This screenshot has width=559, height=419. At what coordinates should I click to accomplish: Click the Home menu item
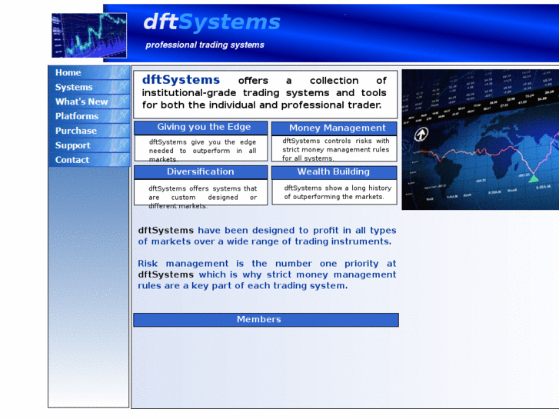pyautogui.click(x=68, y=73)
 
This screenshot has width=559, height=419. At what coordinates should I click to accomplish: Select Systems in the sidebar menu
pyautogui.click(x=74, y=88)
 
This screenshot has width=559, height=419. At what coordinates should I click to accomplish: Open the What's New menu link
pyautogui.click(x=82, y=102)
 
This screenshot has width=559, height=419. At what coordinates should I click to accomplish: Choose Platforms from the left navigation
pyautogui.click(x=77, y=117)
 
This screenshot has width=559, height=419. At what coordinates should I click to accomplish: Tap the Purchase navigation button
pyautogui.click(x=76, y=131)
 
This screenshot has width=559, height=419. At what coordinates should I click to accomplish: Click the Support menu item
pyautogui.click(x=73, y=146)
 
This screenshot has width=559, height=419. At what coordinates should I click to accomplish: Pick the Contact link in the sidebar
pyautogui.click(x=72, y=161)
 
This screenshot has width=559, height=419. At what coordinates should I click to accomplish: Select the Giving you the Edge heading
pyautogui.click(x=204, y=128)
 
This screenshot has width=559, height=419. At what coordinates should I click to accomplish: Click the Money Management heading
pyautogui.click(x=337, y=128)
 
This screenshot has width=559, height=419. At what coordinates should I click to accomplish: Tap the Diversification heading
pyautogui.click(x=200, y=172)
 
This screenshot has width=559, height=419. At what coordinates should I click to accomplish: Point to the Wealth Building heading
pyautogui.click(x=333, y=172)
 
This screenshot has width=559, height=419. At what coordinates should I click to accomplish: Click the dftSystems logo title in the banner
pyautogui.click(x=211, y=22)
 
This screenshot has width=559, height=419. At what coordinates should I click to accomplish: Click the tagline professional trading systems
pyautogui.click(x=205, y=45)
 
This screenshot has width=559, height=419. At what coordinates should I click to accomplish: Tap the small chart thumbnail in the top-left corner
pyautogui.click(x=78, y=35)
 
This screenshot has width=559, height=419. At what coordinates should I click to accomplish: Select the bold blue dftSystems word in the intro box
pyautogui.click(x=181, y=80)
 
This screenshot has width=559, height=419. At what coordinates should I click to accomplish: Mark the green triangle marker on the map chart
pyautogui.click(x=534, y=178)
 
